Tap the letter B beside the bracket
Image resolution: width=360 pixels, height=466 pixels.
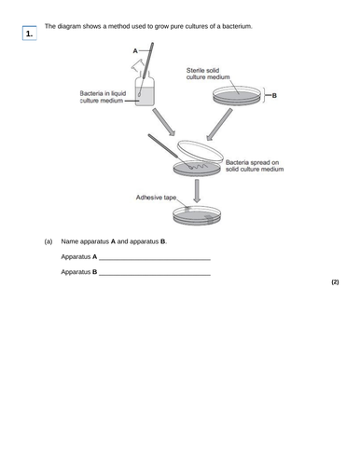[x=275, y=95]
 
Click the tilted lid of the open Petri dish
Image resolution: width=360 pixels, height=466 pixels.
[x=204, y=149]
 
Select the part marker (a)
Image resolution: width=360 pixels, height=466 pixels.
[x=48, y=242]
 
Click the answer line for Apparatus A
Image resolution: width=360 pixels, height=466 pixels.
[x=154, y=258]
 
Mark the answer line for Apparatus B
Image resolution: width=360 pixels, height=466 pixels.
[x=154, y=274]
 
